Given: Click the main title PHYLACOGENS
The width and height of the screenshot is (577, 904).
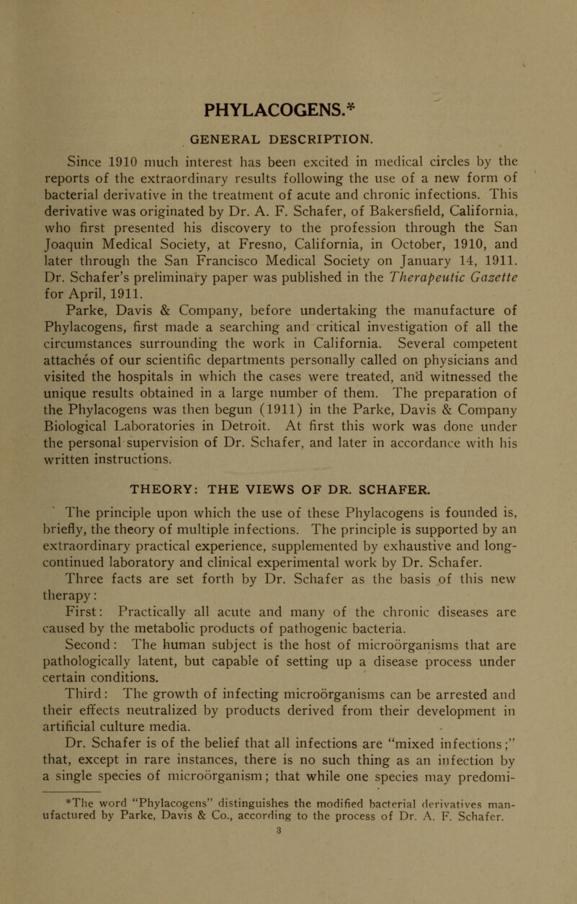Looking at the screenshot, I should click(287, 114).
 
